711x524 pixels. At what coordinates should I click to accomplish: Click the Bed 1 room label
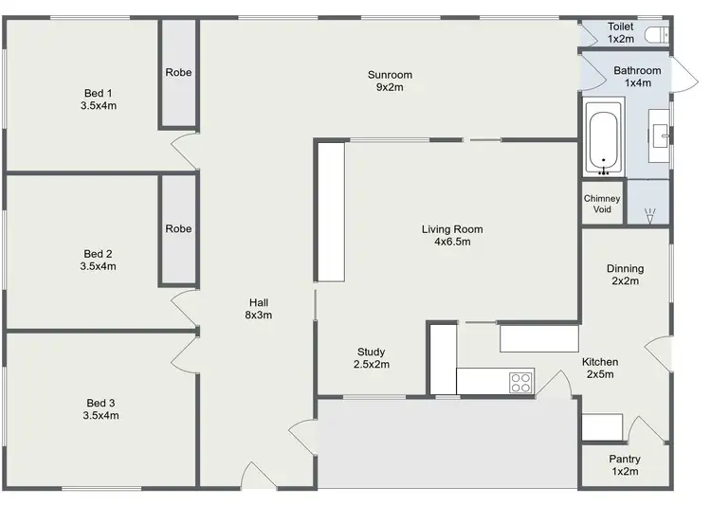99,99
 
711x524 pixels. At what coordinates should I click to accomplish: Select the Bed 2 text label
99,260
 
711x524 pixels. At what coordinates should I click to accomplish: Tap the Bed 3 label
100,408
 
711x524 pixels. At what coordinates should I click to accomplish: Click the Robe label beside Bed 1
178,72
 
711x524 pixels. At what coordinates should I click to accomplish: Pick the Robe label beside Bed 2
178,228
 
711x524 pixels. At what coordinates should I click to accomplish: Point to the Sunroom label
390,81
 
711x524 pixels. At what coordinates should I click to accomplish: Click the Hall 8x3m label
259,309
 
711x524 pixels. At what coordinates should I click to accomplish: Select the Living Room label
452,235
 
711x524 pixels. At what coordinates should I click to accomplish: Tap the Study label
371,357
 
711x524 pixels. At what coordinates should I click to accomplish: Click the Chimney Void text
602,204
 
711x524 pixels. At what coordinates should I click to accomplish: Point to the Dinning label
625,274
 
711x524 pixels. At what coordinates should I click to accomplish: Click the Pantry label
625,465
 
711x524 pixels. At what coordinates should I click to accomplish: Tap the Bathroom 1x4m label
637,77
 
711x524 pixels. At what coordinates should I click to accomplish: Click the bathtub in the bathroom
603,140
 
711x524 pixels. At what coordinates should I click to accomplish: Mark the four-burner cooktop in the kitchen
520,382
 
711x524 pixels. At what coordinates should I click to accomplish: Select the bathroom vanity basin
660,134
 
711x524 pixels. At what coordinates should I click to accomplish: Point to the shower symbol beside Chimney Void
649,216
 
